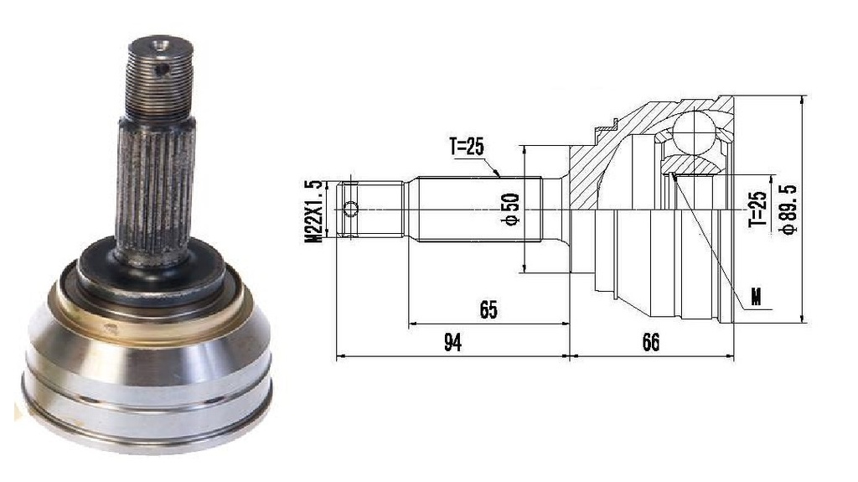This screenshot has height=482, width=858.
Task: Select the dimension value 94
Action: (452, 342)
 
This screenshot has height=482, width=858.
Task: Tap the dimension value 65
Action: (488, 309)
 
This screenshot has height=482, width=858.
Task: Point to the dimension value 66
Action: (650, 342)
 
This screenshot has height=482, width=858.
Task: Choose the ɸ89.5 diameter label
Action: (789, 210)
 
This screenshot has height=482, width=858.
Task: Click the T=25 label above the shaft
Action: (467, 146)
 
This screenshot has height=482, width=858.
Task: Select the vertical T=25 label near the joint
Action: (757, 210)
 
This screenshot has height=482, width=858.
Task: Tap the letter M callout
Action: (757, 298)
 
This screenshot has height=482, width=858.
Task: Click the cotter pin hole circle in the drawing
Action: (350, 209)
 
